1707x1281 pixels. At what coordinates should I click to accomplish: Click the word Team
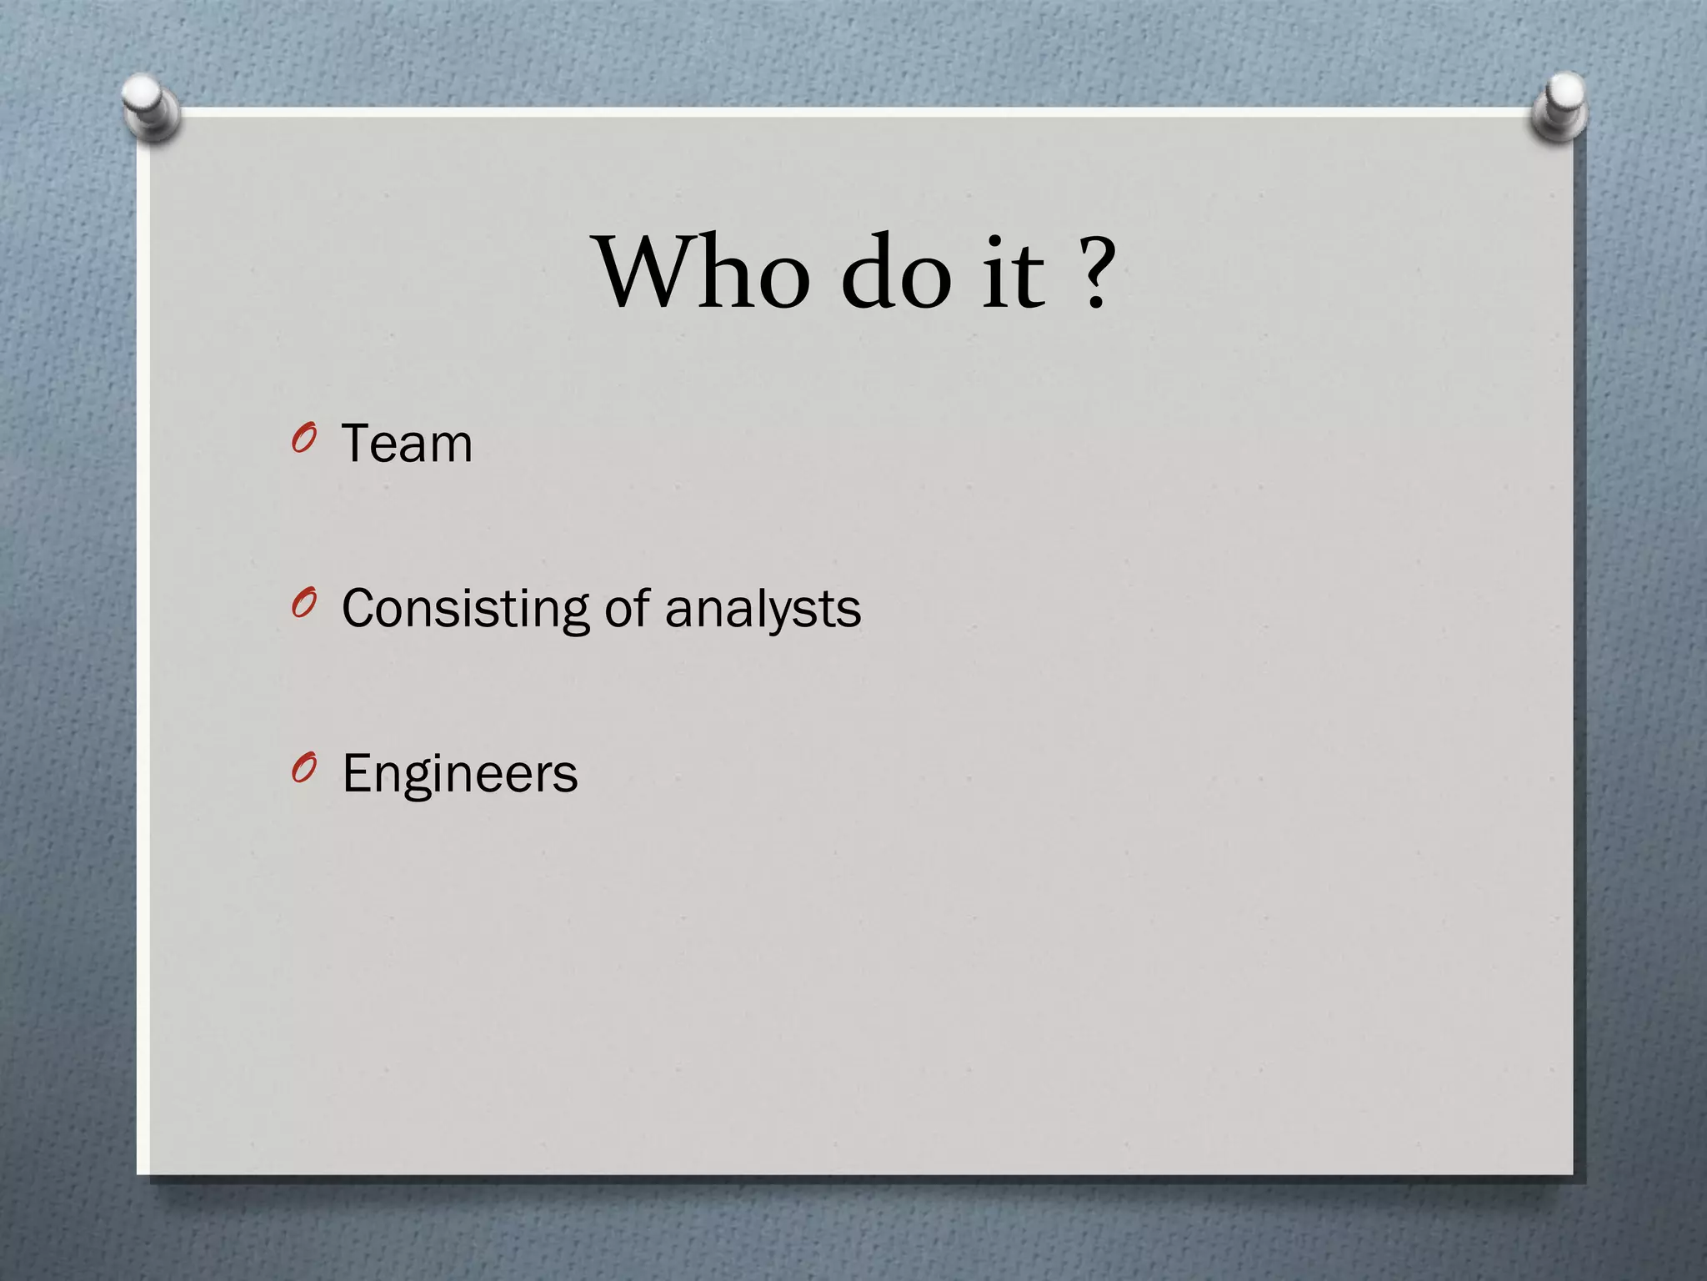tap(407, 443)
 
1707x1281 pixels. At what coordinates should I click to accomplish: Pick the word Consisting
tap(466, 609)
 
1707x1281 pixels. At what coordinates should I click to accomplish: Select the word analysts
tap(763, 609)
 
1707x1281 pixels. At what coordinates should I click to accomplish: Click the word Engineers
tap(459, 774)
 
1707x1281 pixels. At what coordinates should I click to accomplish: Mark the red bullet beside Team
tap(304, 440)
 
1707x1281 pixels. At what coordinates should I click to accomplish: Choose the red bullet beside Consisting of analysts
tap(304, 605)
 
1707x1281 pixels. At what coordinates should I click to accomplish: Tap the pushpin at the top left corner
tap(150, 106)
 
